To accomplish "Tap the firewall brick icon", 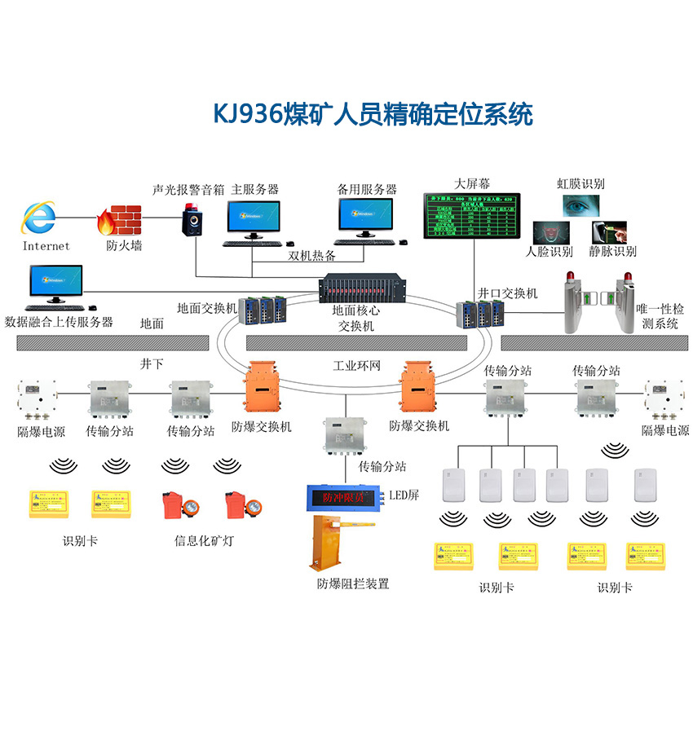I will (x=120, y=218).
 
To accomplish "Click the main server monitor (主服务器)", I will (x=254, y=218).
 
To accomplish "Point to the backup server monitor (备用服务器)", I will (x=364, y=218).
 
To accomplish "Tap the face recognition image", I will (x=550, y=234).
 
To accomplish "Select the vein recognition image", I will (x=612, y=232).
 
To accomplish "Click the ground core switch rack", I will (x=359, y=288).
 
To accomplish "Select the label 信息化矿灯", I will (x=204, y=539).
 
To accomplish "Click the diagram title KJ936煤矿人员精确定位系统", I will (x=373, y=114).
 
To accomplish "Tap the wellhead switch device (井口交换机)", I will (x=478, y=314).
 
